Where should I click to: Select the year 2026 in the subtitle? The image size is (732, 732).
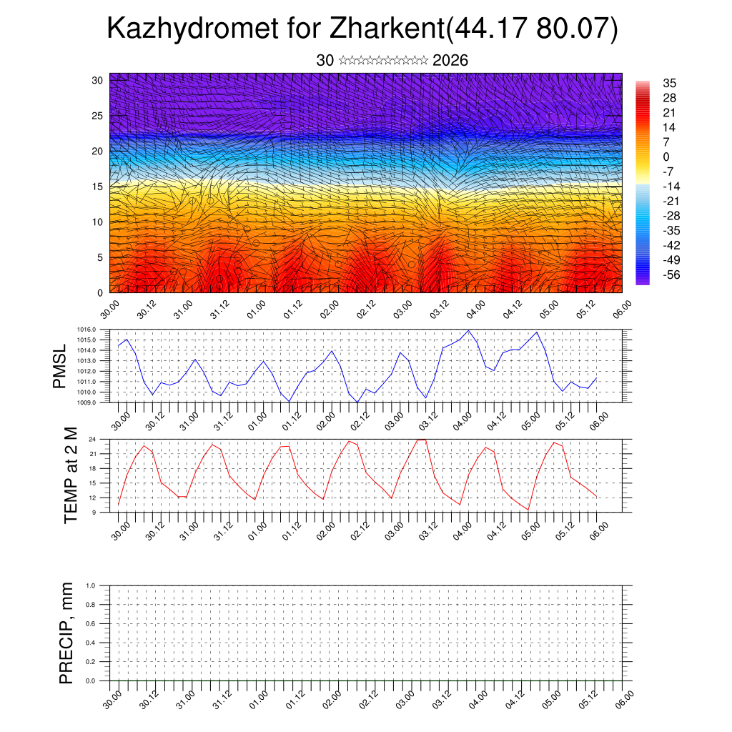coord(450,61)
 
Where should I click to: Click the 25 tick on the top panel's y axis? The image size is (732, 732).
coord(97,116)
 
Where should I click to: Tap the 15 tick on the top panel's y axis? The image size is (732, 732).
coord(97,187)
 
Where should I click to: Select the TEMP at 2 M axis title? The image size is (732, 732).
coord(71,475)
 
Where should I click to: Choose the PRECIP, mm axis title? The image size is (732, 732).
coord(66,633)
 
